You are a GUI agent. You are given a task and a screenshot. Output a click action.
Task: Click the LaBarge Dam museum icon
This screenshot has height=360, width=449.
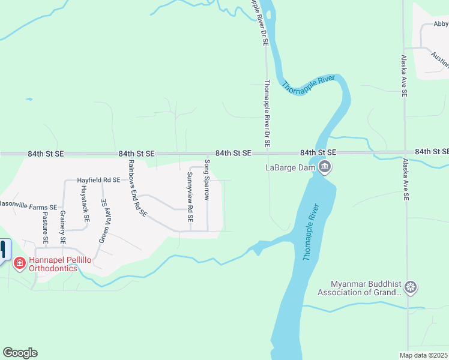point(325,167)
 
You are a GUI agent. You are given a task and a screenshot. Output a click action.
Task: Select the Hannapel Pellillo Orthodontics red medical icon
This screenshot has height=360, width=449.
point(19,262)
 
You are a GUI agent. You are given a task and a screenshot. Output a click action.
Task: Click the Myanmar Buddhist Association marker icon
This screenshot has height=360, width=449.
point(411,287)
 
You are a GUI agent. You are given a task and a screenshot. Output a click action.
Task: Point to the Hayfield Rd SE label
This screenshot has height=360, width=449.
point(99,180)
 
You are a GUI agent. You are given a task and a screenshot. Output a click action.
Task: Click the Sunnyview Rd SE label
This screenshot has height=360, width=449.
point(190,197)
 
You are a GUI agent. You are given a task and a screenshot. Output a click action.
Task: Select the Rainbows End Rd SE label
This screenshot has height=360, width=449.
point(137,188)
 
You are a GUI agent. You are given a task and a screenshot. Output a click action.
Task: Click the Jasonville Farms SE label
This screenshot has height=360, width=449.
point(28,205)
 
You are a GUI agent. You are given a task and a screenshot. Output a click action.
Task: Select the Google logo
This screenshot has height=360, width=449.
point(20,353)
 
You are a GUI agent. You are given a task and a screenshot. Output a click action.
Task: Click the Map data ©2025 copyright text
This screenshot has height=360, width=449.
point(424,355)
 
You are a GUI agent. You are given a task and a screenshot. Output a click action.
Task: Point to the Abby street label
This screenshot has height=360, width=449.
point(441,25)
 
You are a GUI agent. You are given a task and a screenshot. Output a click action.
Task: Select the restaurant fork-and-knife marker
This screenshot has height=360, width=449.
point(3,249)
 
